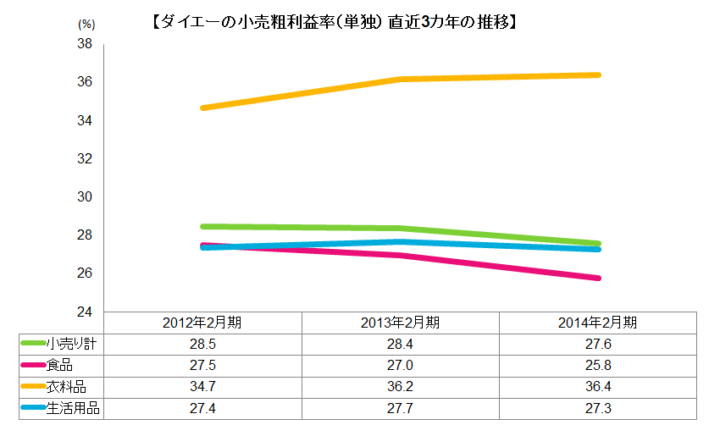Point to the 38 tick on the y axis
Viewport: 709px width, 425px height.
point(85,44)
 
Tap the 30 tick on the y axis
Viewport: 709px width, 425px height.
point(85,196)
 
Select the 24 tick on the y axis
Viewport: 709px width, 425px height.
point(85,312)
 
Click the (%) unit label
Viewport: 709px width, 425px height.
point(86,25)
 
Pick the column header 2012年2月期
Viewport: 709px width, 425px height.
point(202,322)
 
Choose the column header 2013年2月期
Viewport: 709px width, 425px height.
point(400,322)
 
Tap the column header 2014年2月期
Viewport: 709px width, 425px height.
point(597,322)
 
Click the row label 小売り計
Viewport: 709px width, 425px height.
point(75,343)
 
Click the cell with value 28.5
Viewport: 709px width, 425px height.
point(202,343)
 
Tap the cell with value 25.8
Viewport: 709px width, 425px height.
point(597,365)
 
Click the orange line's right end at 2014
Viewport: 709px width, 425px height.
point(597,75)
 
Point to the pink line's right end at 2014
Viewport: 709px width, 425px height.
point(597,278)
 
